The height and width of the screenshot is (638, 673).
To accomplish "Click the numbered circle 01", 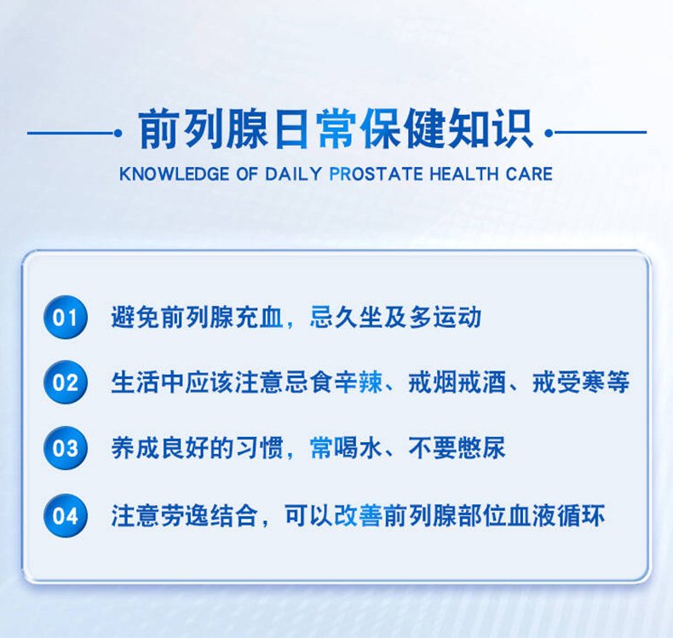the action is tap(66, 317).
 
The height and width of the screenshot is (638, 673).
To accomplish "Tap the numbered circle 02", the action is tap(66, 382).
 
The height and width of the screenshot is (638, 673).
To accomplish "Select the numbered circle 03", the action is tap(66, 448).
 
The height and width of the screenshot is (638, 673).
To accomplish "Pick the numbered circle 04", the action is tap(66, 515).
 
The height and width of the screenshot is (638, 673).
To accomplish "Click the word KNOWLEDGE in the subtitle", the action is tap(175, 175).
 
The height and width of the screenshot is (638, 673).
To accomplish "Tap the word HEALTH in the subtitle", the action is tap(463, 175).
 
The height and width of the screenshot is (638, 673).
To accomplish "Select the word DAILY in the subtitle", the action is tap(294, 175).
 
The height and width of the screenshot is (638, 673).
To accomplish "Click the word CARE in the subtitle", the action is tap(529, 175).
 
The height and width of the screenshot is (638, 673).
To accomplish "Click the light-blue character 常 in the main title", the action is tap(336, 129).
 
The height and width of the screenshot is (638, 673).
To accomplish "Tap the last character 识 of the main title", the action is tap(513, 129).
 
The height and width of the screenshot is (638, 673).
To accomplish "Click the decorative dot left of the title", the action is tap(118, 133).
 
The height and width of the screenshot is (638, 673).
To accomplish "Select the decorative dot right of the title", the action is tap(549, 133).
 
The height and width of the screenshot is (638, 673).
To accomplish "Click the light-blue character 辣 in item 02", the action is tap(370, 382).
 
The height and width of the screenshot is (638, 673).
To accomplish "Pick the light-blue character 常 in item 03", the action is tap(320, 448).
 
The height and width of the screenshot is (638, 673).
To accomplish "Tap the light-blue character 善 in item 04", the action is tap(370, 515).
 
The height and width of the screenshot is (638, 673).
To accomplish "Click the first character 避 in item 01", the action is tap(124, 317).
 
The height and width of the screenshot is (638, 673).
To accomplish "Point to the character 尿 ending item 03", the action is tap(493, 448).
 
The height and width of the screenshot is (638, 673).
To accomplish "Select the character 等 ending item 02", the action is tap(618, 382).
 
